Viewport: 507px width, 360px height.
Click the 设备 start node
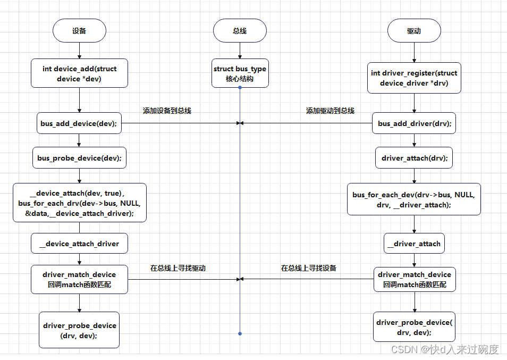(79, 31)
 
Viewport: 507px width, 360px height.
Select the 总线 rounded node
(240, 31)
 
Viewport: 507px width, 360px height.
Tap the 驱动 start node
(414, 31)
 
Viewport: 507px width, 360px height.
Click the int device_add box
(79, 73)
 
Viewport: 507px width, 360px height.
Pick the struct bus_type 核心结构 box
(240, 73)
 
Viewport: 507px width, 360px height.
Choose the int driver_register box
(414, 78)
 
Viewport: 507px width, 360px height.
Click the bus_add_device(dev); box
(79, 123)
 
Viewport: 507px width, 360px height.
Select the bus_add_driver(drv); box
(414, 123)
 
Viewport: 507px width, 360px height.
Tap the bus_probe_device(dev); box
(79, 158)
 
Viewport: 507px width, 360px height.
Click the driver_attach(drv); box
(414, 158)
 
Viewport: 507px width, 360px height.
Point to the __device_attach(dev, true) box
(79, 203)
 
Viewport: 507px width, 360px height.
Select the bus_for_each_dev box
(414, 199)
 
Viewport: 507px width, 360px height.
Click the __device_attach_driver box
(79, 244)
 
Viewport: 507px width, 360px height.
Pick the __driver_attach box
(414, 244)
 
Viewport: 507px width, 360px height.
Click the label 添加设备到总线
(167, 111)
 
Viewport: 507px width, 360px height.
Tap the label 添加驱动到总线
(330, 111)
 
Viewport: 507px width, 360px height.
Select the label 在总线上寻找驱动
(178, 268)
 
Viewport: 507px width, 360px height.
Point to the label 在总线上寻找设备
(309, 268)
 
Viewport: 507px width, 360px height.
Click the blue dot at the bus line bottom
(240, 333)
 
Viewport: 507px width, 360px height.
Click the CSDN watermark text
(445, 349)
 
